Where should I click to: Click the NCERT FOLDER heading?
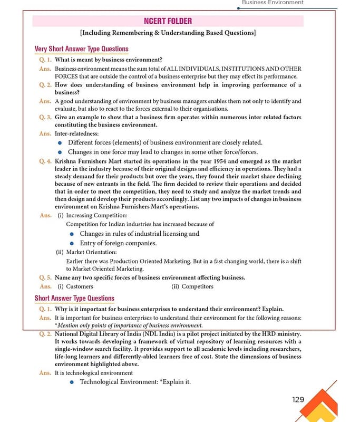pos(168,21)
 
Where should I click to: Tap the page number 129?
pos(298,399)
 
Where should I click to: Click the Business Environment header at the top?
pos(273,3)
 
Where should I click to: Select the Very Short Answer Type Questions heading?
pos(81,49)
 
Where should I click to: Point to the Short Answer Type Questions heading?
pos(74,299)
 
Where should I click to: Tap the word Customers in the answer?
pos(80,286)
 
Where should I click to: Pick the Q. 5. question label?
pos(45,277)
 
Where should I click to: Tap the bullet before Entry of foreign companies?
pos(70,243)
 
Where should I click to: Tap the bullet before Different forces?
pos(60,143)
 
